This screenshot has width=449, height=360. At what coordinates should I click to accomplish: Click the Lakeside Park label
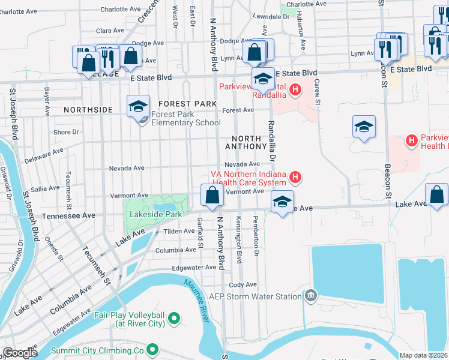point(157,214)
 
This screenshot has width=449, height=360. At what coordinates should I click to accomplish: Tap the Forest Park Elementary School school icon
point(138,107)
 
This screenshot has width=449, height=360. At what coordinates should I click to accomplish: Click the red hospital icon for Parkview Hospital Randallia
point(295,91)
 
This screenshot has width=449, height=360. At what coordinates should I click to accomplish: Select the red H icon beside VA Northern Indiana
point(295,176)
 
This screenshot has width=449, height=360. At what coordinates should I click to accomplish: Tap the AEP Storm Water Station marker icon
point(310,296)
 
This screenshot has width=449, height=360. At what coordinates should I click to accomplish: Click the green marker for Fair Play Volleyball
point(174,318)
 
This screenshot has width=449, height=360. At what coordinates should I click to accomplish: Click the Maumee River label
point(197,300)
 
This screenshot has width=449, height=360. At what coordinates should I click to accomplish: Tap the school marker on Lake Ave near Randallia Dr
point(282,202)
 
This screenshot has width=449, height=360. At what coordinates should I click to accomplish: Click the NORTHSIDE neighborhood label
point(88,110)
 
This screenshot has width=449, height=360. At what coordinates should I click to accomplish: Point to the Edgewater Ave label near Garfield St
point(193,268)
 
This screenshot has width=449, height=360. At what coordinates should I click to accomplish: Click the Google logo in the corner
point(20,353)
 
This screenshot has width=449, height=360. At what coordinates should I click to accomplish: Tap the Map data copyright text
point(424,355)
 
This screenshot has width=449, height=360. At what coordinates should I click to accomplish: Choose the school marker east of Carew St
point(364,127)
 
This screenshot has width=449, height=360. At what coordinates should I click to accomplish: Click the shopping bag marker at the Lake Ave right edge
point(436,194)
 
